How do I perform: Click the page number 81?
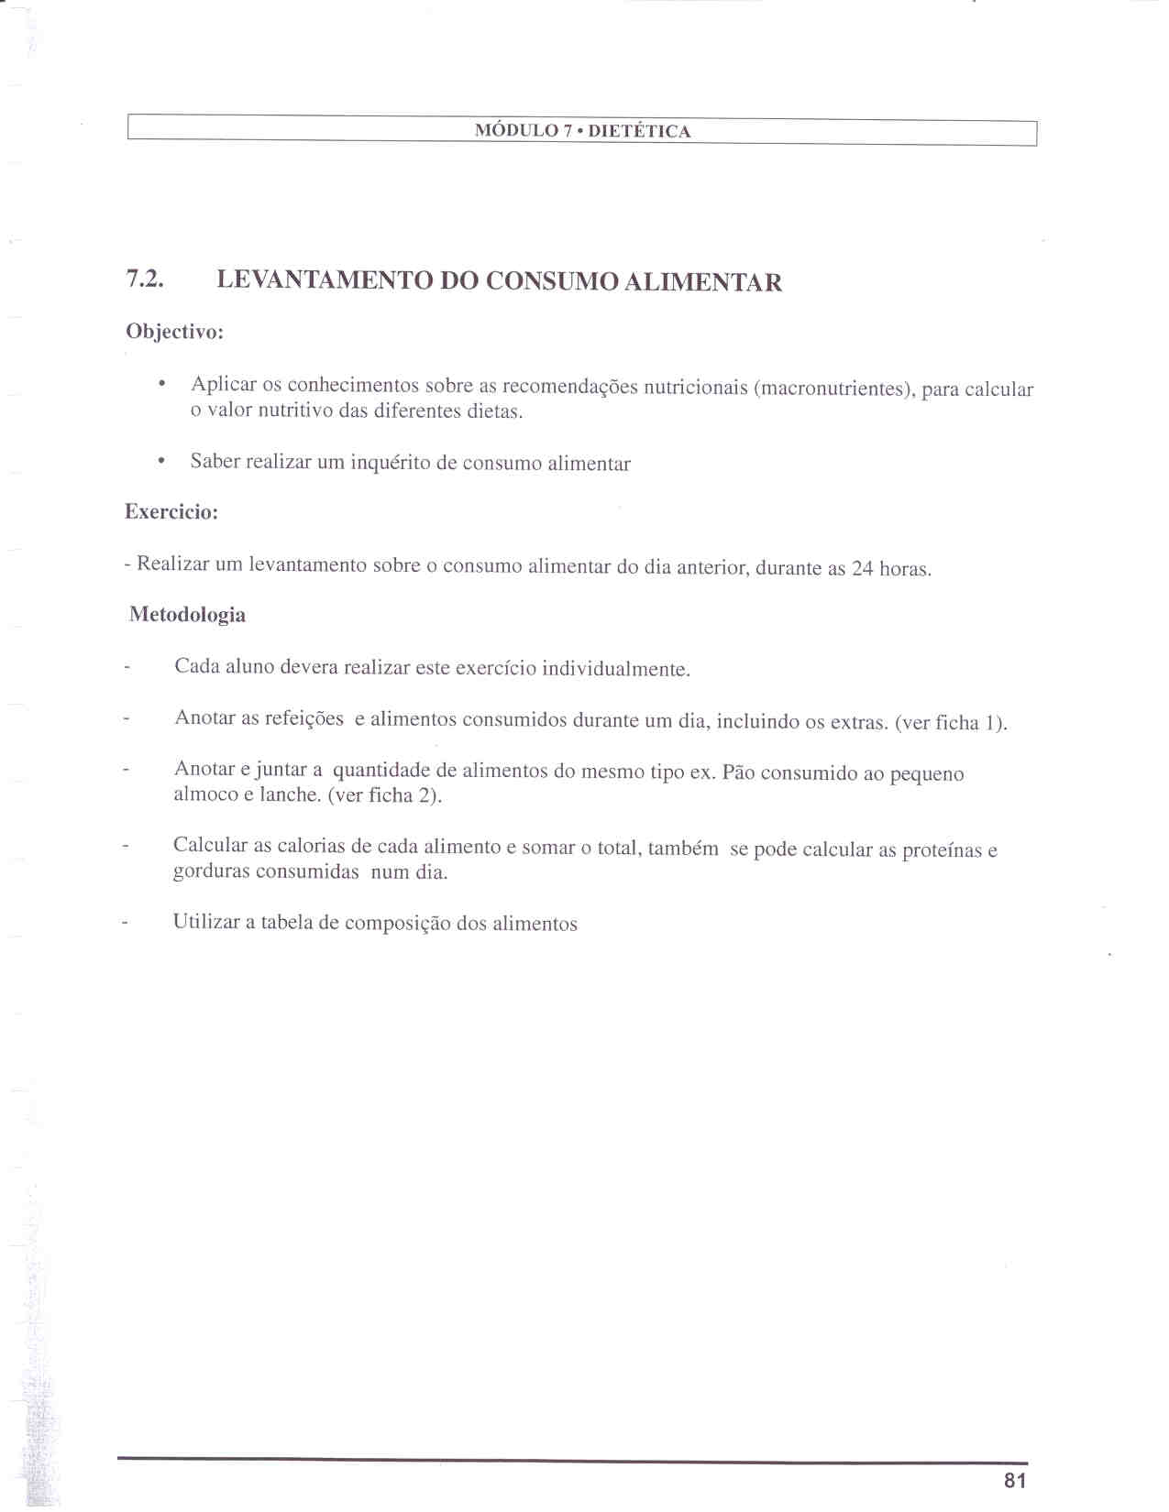pos(1015,1480)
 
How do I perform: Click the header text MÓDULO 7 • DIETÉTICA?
pos(582,131)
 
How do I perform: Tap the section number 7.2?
pos(145,279)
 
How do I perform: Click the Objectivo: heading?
pos(174,332)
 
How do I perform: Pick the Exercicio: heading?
pos(171,512)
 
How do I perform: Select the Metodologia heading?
pos(187,614)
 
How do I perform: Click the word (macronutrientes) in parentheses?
pos(833,389)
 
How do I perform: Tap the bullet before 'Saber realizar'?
pos(162,461)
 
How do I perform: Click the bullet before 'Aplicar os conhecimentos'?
pos(162,383)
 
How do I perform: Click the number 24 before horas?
pos(862,568)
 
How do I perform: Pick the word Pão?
pos(737,772)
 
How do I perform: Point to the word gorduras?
pos(213,871)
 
